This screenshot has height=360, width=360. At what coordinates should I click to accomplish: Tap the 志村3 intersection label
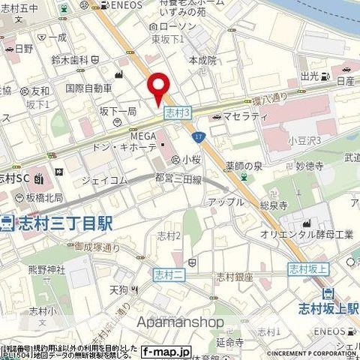point(176,111)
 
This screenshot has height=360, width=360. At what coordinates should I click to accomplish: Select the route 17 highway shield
point(198,136)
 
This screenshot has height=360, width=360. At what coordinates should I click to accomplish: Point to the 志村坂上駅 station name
point(328,307)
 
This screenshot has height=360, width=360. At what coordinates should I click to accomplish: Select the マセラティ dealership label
point(241,116)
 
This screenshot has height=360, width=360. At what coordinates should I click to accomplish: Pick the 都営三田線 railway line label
point(178,178)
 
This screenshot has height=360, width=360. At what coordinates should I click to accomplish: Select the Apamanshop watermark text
point(180,322)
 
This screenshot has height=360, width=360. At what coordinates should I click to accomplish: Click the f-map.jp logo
point(166,351)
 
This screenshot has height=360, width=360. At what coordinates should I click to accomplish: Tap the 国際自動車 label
point(88,88)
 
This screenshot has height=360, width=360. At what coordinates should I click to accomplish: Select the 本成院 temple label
point(202,59)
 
